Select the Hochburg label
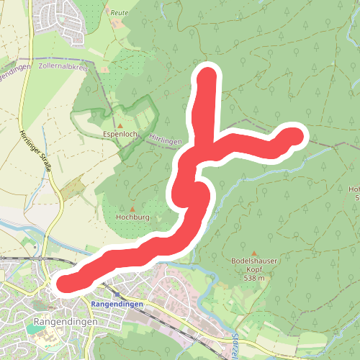131,215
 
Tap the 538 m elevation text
254,278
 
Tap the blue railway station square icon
117,294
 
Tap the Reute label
120,13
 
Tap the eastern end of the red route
296,135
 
